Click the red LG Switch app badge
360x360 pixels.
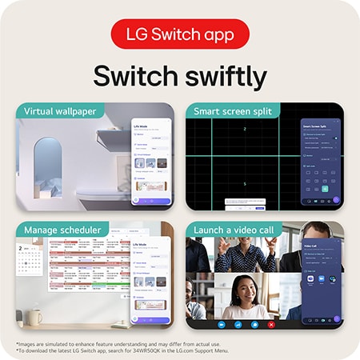pos(180,34)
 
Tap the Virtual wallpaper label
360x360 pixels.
pos(60,110)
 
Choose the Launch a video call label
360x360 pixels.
pos(232,230)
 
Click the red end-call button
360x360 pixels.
pos(272,325)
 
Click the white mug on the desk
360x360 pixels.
pos(34,317)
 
